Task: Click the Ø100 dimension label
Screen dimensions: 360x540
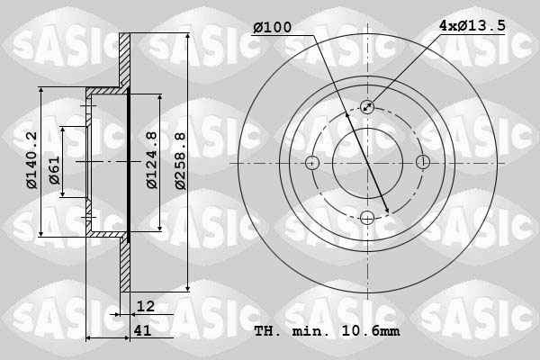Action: point(272,28)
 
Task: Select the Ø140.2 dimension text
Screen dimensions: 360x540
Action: point(31,160)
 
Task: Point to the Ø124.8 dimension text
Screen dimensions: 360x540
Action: point(152,160)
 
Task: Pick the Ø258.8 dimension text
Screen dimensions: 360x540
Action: point(179,160)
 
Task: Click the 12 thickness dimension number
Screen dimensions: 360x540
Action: point(146,307)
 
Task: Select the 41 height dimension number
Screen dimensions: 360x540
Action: point(141,330)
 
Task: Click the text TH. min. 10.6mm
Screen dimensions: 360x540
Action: point(327,331)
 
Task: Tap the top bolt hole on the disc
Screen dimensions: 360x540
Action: point(367,107)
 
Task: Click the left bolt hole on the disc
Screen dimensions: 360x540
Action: point(312,163)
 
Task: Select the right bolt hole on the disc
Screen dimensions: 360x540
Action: point(423,163)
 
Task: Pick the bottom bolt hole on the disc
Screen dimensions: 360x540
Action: point(367,218)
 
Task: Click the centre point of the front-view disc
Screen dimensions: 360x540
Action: point(367,163)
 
